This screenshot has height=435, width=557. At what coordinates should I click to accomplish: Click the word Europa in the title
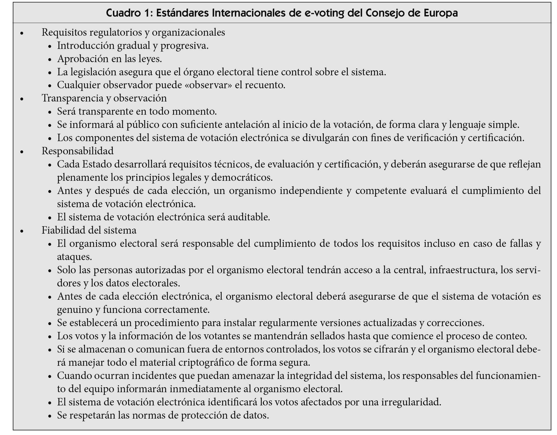click(441, 13)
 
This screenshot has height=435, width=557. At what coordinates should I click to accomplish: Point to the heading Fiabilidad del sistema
click(89, 230)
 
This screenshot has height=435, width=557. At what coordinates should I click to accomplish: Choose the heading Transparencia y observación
click(104, 98)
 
